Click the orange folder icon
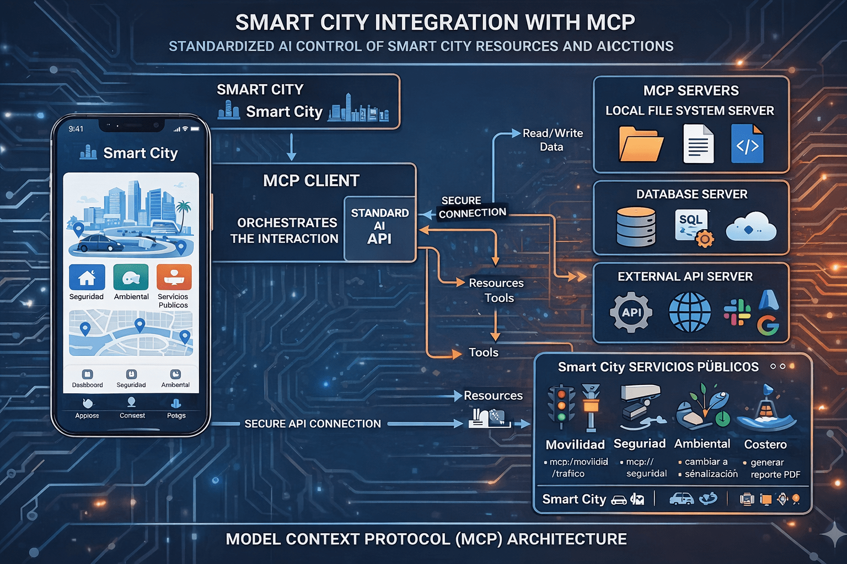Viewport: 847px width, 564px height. pos(641,144)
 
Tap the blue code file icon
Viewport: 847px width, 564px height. pos(747,144)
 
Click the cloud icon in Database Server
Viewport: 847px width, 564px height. pos(750,227)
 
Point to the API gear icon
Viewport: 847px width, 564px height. pos(631,312)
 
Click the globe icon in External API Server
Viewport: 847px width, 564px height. pos(689,312)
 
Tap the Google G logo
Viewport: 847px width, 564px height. pos(768,325)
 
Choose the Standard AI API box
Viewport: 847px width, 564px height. pos(379,227)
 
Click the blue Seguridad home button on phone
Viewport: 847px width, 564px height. pos(87,277)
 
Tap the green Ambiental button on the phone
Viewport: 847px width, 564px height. pos(131,277)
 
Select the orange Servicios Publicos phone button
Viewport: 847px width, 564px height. pos(174,277)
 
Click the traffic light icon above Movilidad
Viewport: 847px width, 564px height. pos(561,406)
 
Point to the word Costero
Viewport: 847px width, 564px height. pos(765,444)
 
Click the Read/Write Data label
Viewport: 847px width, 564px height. pos(552,140)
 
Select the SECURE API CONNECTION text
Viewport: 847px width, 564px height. pos(313,424)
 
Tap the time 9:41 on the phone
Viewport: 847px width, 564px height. pos(76,129)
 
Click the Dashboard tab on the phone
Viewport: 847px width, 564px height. pos(87,379)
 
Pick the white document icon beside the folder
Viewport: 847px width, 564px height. pos(698,144)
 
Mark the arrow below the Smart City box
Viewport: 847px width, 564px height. pos(292,147)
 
